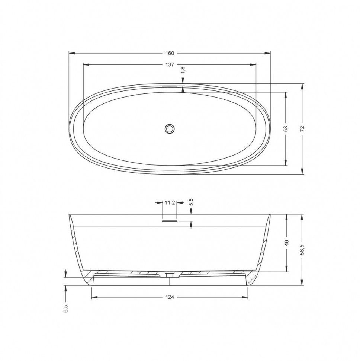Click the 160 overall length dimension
(170, 54)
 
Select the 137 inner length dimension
(170, 65)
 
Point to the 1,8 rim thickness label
(183, 70)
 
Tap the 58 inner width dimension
(286, 128)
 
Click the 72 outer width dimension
(302, 128)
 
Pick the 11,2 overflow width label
(170, 202)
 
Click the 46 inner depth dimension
(286, 243)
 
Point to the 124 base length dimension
(170, 297)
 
